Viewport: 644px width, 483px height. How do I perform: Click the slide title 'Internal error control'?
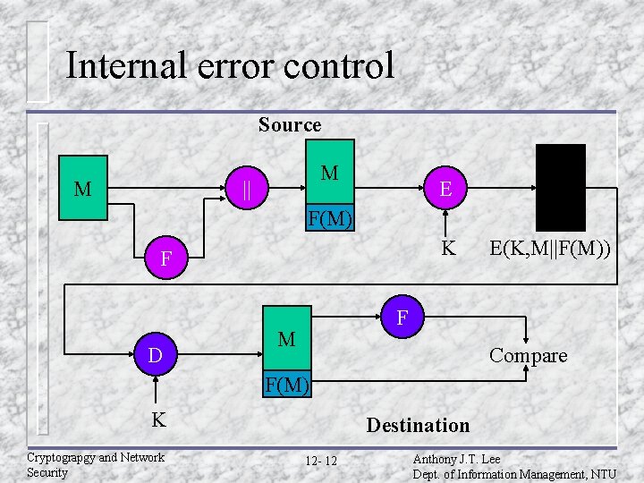tap(230, 65)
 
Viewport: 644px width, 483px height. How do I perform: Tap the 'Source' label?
tap(290, 124)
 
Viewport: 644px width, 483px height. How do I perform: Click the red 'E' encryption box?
tap(445, 189)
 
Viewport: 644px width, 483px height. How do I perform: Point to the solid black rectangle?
tap(560, 188)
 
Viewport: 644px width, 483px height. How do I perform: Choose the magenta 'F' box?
tap(165, 260)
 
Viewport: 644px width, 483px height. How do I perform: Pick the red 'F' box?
tap(402, 318)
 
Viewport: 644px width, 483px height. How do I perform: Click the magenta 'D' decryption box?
tap(155, 356)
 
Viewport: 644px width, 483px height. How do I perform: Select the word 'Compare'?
tap(528, 356)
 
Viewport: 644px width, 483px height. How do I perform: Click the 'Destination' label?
tap(418, 425)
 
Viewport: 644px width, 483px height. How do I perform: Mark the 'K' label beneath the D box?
tap(157, 419)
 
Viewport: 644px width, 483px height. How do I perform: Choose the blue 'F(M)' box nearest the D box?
tap(286, 386)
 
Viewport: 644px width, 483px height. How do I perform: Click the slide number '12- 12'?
tap(321, 461)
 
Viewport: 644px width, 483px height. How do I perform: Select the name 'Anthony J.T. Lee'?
tap(456, 459)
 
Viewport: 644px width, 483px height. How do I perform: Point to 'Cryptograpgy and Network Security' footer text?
tap(95, 464)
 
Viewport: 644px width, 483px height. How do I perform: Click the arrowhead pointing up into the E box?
tap(445, 213)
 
